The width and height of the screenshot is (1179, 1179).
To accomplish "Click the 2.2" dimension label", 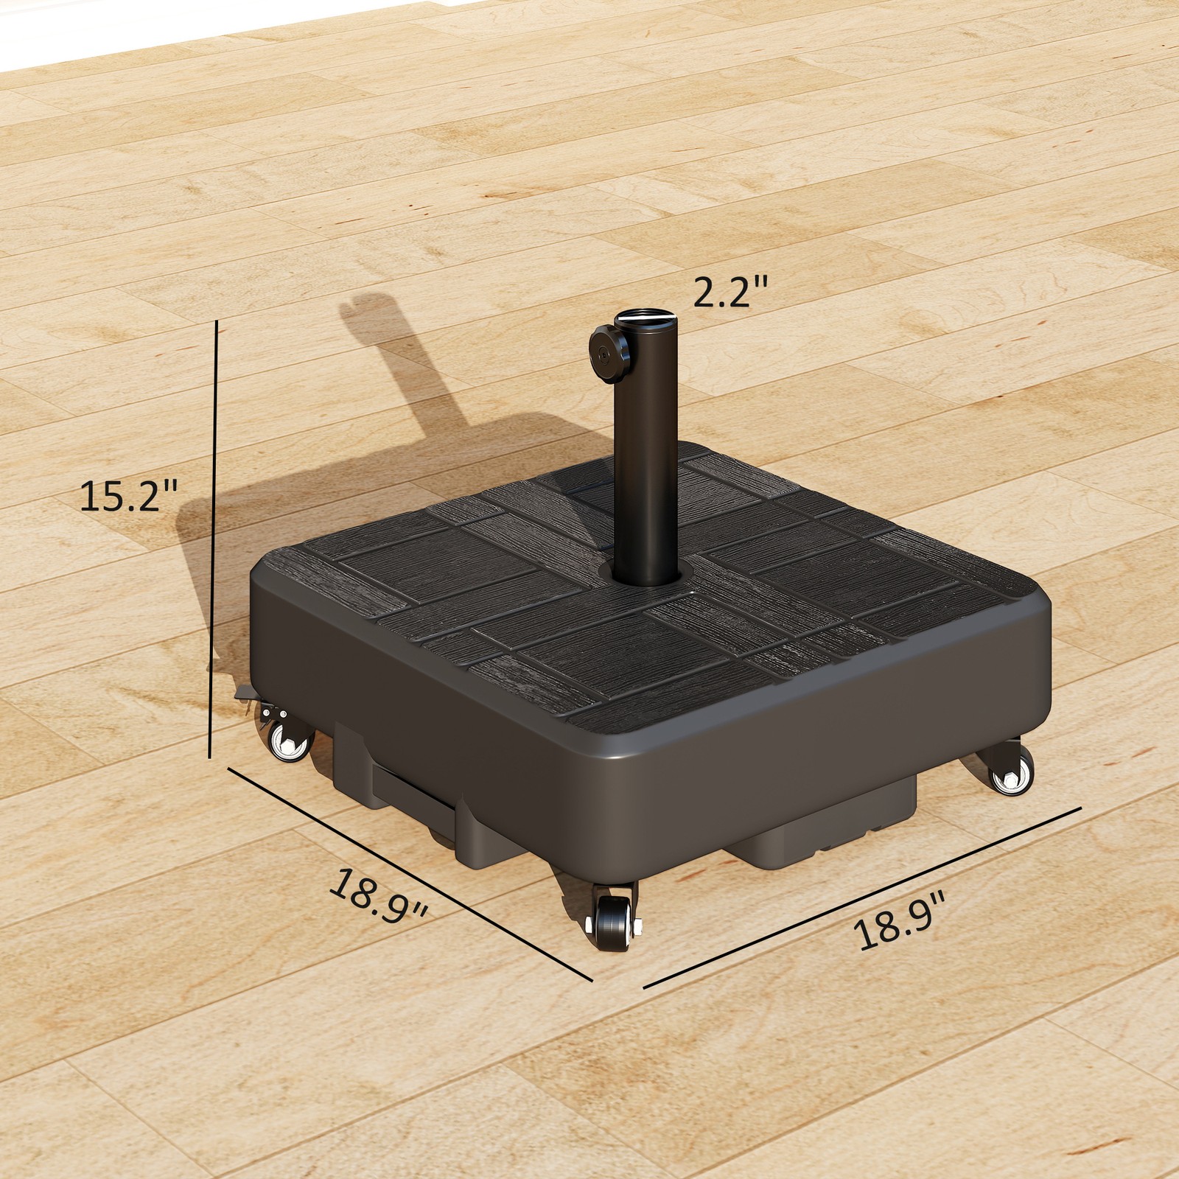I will click(730, 293).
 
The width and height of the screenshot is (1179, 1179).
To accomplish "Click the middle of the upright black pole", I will click(647, 457).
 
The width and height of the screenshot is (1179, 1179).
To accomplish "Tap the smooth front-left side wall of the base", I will click(413, 707).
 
